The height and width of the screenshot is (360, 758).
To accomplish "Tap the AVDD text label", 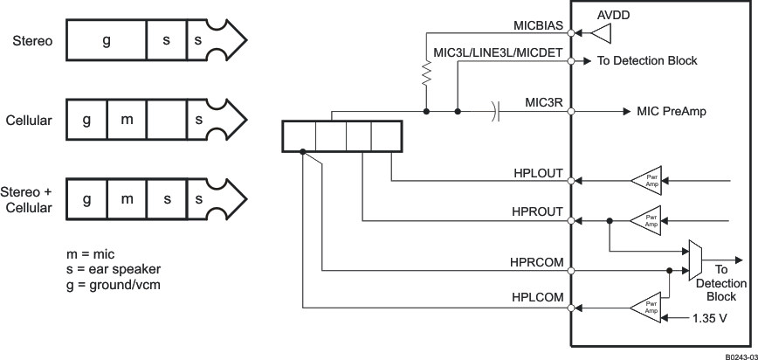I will click(x=615, y=16).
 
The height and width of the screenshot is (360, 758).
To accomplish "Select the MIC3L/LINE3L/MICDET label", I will click(x=500, y=52).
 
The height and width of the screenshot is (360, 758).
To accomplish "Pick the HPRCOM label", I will click(x=537, y=261).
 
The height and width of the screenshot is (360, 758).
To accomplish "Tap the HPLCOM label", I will click(x=538, y=299).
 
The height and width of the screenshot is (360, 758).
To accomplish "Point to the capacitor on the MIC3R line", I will click(x=495, y=111).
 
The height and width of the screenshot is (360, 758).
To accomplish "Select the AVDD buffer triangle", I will click(x=602, y=33).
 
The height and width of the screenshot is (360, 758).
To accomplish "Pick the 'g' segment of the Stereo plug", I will click(x=106, y=40).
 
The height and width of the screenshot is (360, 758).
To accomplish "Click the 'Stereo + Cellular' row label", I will click(x=27, y=200).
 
